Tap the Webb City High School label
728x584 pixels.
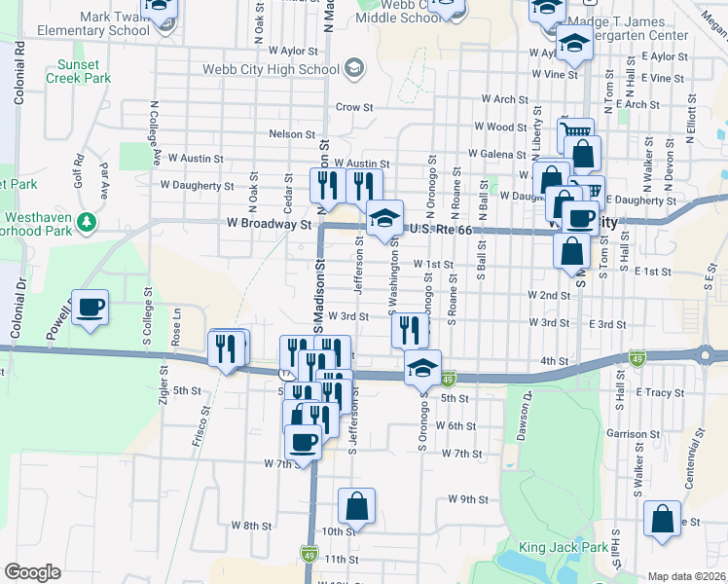pyautogui.click(x=270, y=68)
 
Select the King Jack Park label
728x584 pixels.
pyautogui.click(x=564, y=547)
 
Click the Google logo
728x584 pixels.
pyautogui.click(x=32, y=572)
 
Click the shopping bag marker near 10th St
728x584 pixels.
pyautogui.click(x=356, y=505)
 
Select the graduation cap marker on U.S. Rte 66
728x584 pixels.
pyautogui.click(x=385, y=218)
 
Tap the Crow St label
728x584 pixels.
pyautogui.click(x=354, y=107)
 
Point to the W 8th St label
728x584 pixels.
pyautogui.click(x=251, y=525)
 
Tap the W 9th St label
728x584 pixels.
pyautogui.click(x=467, y=498)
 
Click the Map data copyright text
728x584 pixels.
pyautogui.click(x=686, y=576)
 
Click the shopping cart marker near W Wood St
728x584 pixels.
pyautogui.click(x=574, y=131)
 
